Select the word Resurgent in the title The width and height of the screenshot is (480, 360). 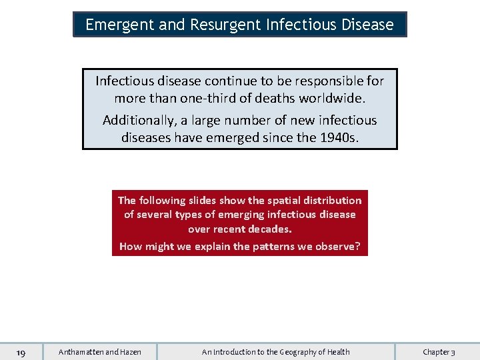point(225,25)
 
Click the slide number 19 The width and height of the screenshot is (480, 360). point(21,352)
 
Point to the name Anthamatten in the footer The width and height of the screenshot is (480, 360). point(81,352)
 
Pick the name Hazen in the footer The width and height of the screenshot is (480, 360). point(130,352)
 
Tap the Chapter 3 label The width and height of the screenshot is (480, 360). point(439,352)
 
